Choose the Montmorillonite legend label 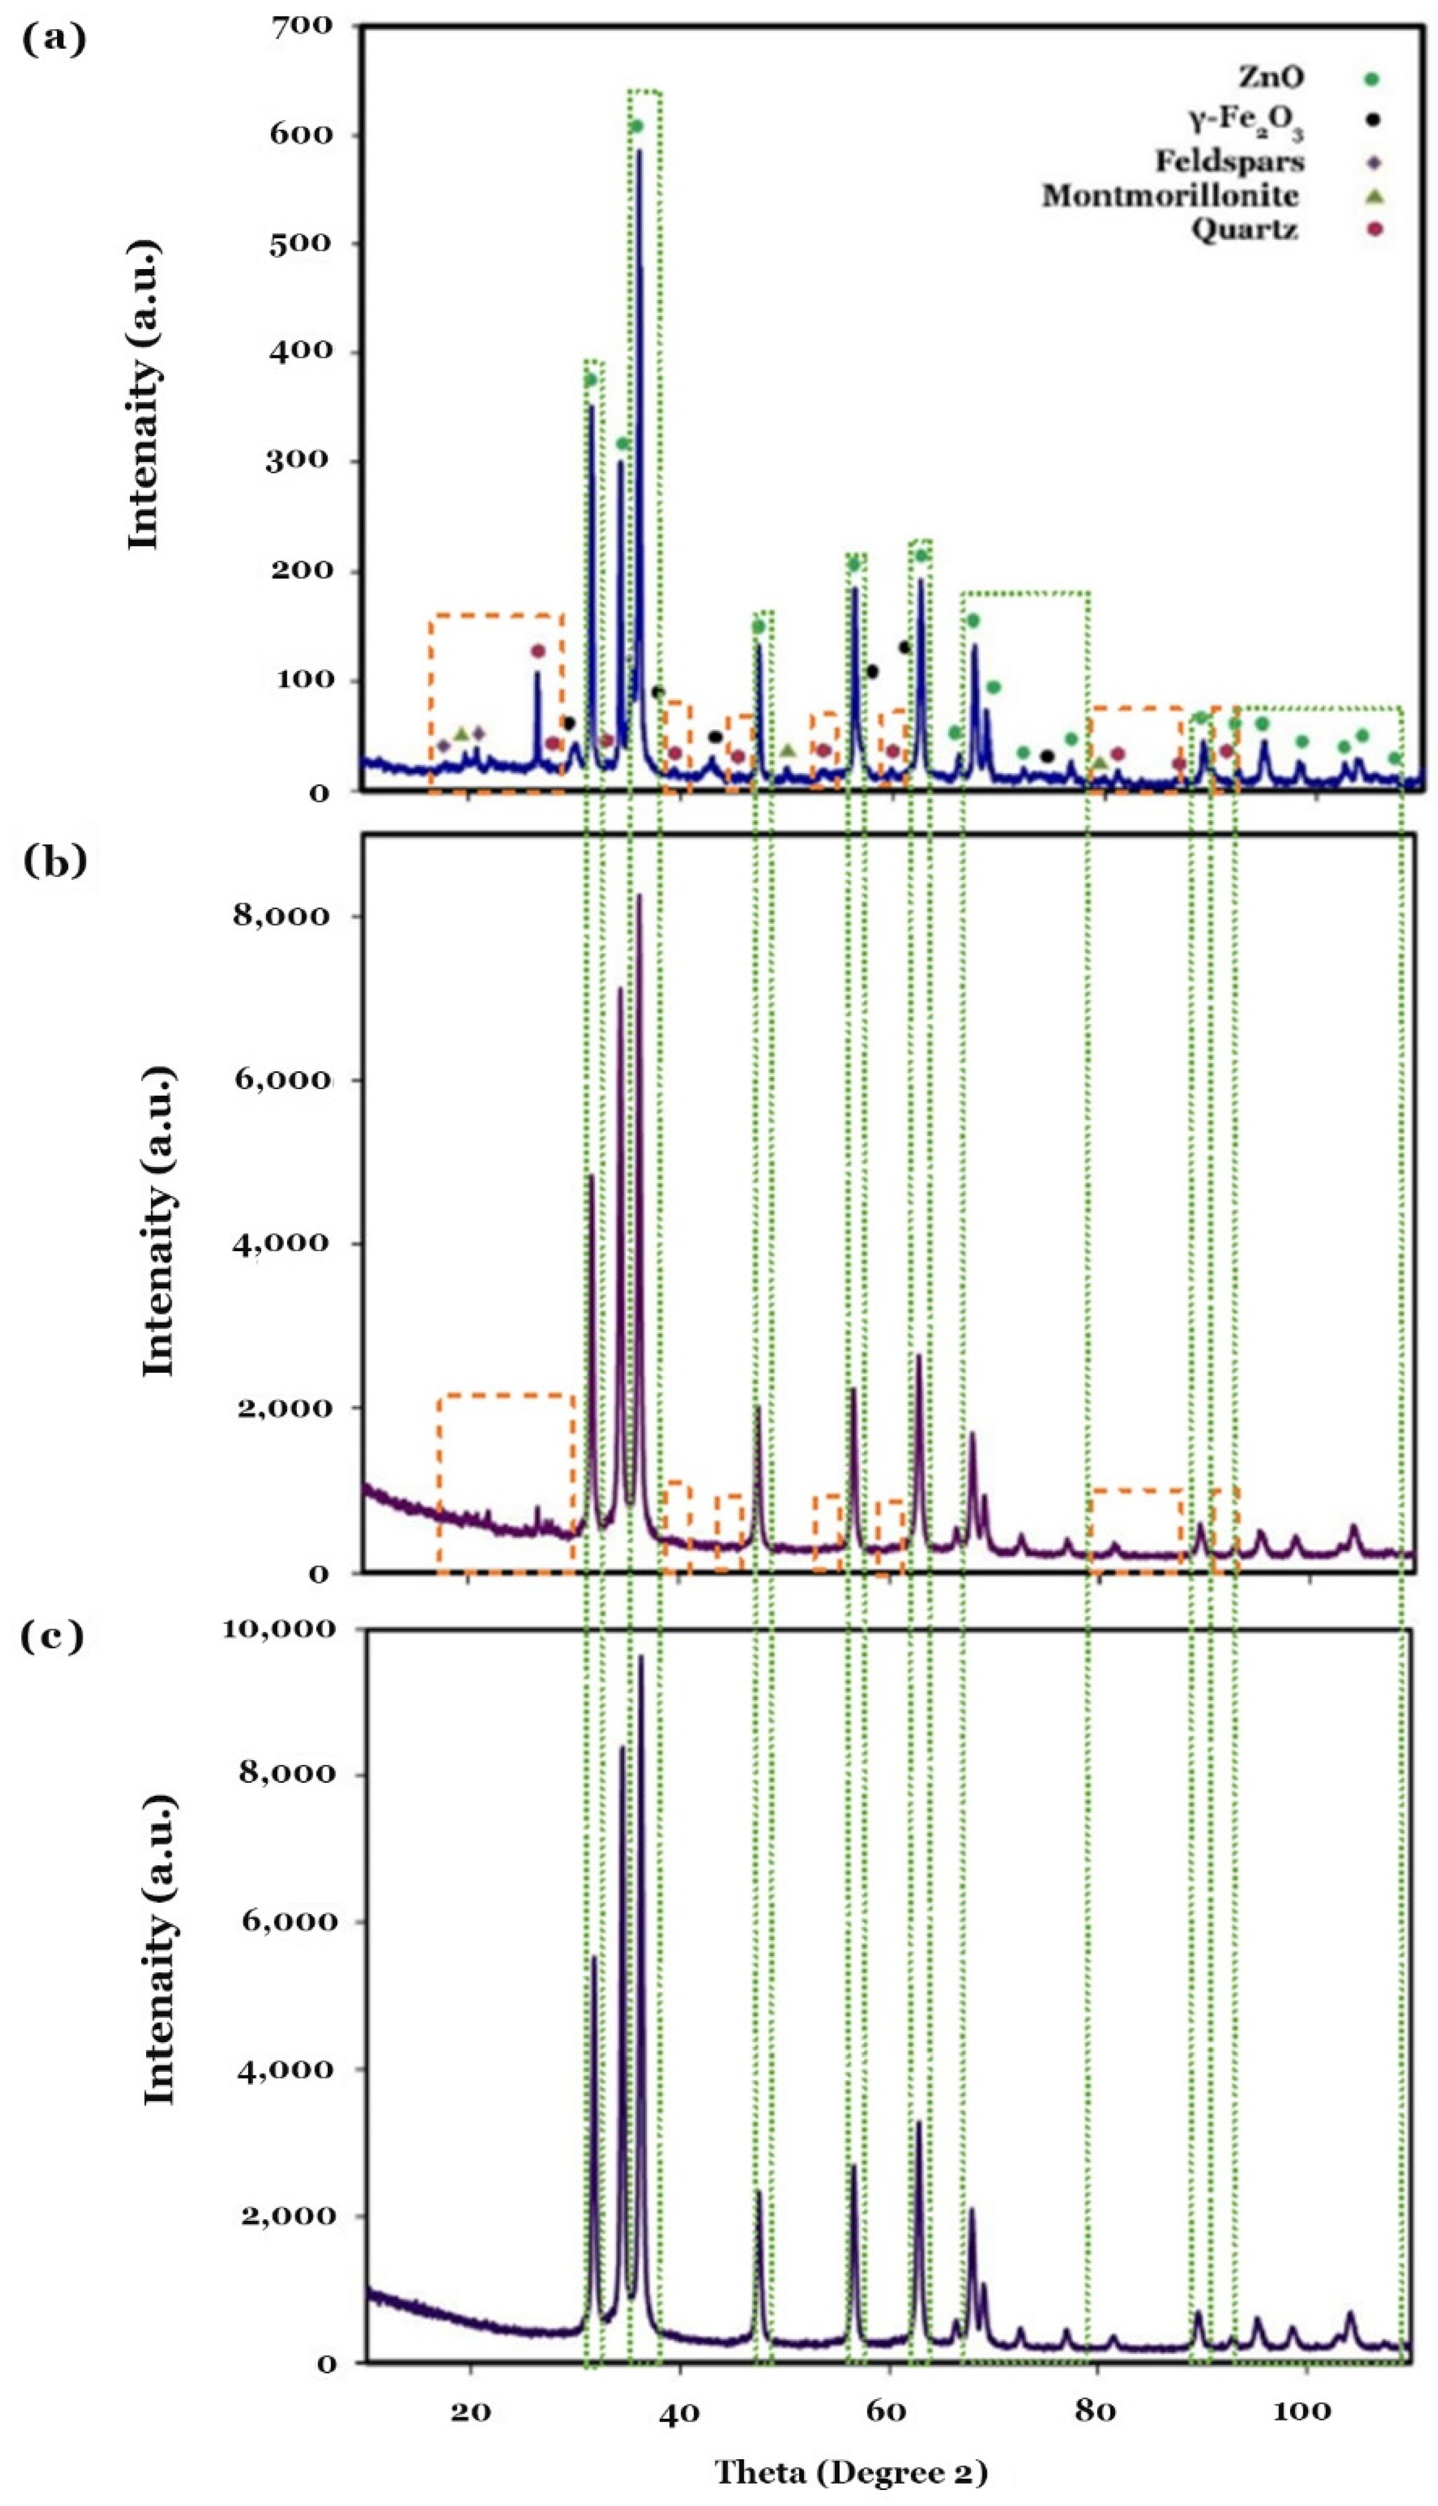tap(1170, 195)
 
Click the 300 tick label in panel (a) tap(312, 461)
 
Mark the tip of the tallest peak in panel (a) tap(639, 150)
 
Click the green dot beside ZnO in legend tap(1372, 79)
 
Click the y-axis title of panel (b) tap(158, 1220)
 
